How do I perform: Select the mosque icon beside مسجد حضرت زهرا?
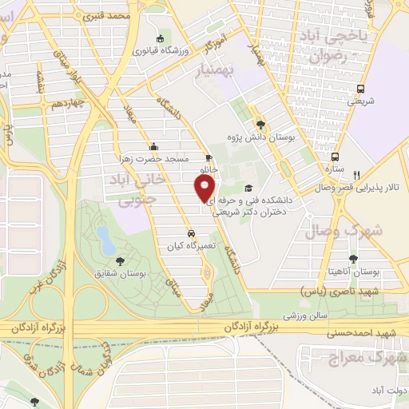coord(153,146)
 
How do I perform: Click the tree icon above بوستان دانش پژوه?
coord(261,123)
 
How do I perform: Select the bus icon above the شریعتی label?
coord(360,89)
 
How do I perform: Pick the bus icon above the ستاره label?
coord(336,157)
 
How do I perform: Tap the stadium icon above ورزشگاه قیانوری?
coord(161,39)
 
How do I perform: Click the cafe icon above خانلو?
coord(208,158)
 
